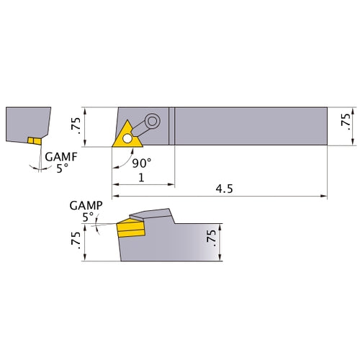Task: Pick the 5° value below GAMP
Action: (x=88, y=216)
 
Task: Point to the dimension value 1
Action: (x=143, y=176)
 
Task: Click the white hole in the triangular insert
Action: (x=127, y=137)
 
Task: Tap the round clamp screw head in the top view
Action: (x=152, y=120)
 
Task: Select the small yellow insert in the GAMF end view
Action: (x=32, y=140)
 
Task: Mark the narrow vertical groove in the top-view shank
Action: (x=172, y=127)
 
